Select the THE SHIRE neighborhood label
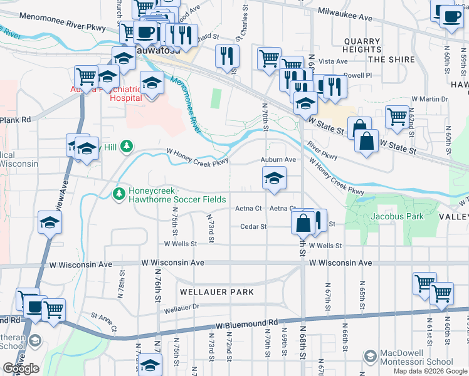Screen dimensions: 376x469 coord(391,60)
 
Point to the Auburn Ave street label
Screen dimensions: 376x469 coord(278,160)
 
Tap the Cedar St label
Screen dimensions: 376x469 coord(254,226)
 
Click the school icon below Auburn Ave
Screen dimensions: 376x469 coord(273,179)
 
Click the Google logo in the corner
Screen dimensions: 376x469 coord(21,368)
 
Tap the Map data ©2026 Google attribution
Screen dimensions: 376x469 coord(430,371)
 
